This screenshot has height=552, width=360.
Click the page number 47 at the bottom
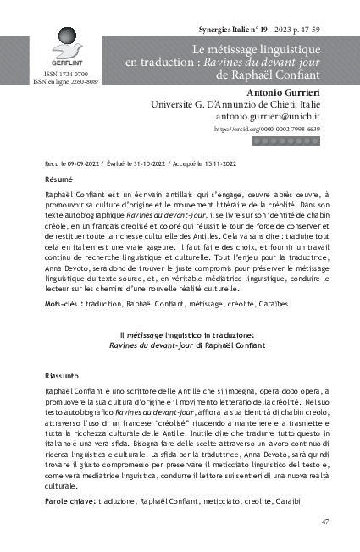(324, 522)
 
